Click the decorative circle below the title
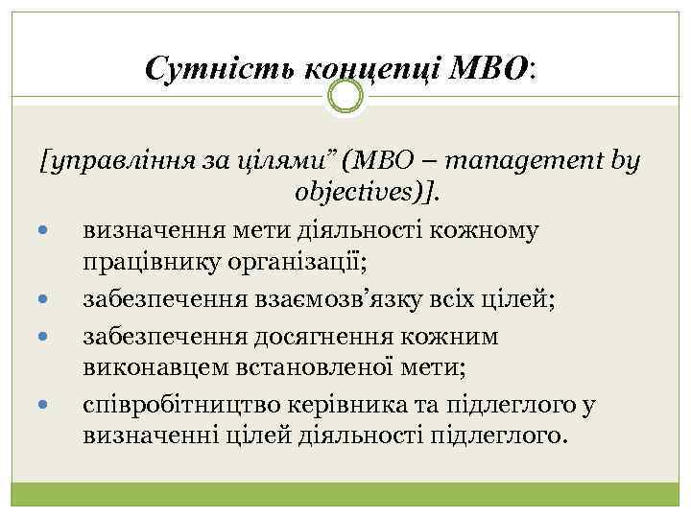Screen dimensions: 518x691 pos(345,96)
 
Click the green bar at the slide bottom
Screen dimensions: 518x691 pos(345,498)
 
